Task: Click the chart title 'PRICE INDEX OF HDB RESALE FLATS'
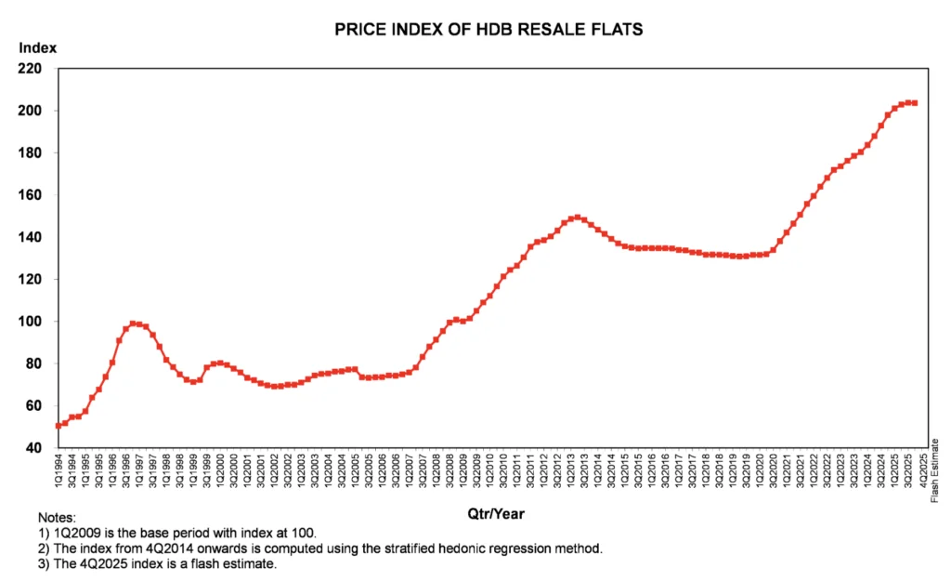tap(489, 30)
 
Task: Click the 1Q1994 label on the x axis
tap(59, 477)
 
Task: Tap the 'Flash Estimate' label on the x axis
tap(935, 477)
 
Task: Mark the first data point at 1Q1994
tap(59, 426)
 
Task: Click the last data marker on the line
tap(915, 103)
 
